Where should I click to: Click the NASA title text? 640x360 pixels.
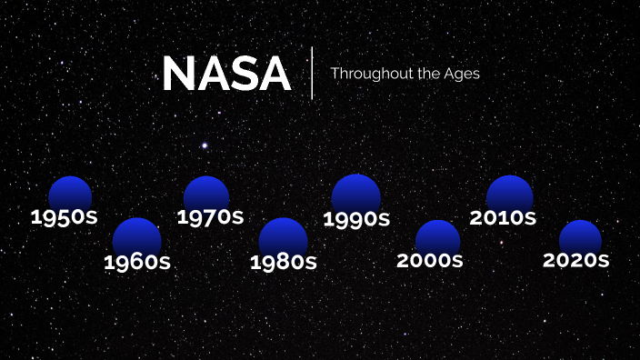pyautogui.click(x=226, y=74)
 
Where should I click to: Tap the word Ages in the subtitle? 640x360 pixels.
pyautogui.click(x=462, y=74)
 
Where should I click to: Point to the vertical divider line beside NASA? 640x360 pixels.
pyautogui.click(x=312, y=73)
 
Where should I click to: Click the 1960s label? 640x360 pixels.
pyautogui.click(x=137, y=263)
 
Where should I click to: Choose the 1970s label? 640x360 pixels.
pyautogui.click(x=210, y=217)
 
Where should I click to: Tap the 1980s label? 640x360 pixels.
pyautogui.click(x=283, y=263)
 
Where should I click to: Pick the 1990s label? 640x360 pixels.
pyautogui.click(x=356, y=219)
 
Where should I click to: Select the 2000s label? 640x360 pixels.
pyautogui.click(x=430, y=261)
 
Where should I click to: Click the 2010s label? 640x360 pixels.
pyautogui.click(x=503, y=218)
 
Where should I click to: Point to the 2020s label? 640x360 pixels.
pyautogui.click(x=575, y=260)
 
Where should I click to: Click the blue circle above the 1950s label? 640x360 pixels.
pyautogui.click(x=70, y=193)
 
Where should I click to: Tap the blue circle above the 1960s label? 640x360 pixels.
pyautogui.click(x=137, y=236)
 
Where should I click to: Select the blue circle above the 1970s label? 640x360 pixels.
pyautogui.click(x=206, y=193)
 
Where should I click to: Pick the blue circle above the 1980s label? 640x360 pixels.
pyautogui.click(x=283, y=236)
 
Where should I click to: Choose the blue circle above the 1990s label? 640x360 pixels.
pyautogui.click(x=355, y=193)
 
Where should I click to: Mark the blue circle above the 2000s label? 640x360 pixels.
pyautogui.click(x=437, y=236)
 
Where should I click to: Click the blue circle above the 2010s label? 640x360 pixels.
pyautogui.click(x=509, y=193)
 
